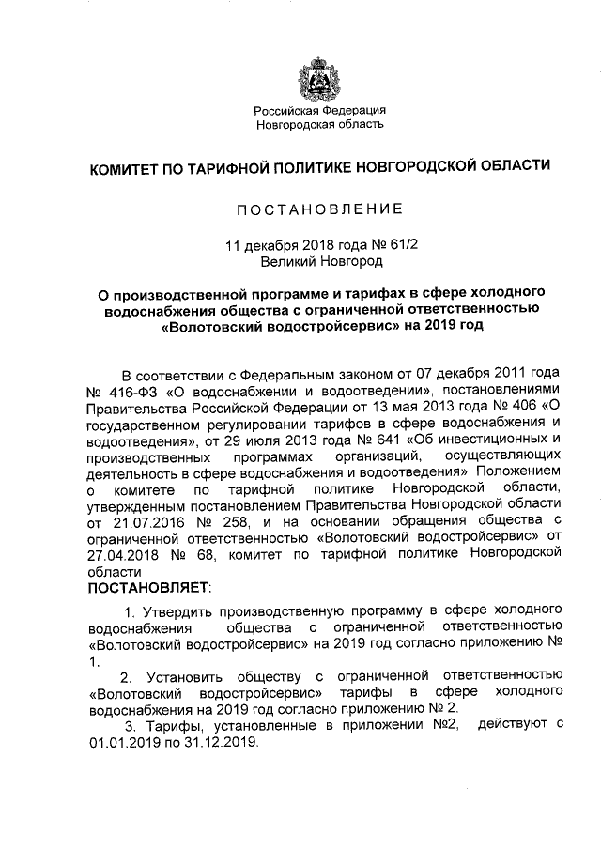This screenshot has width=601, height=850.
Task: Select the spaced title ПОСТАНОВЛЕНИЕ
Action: point(320,208)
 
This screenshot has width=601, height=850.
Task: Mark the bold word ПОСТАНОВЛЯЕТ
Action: point(149,589)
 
